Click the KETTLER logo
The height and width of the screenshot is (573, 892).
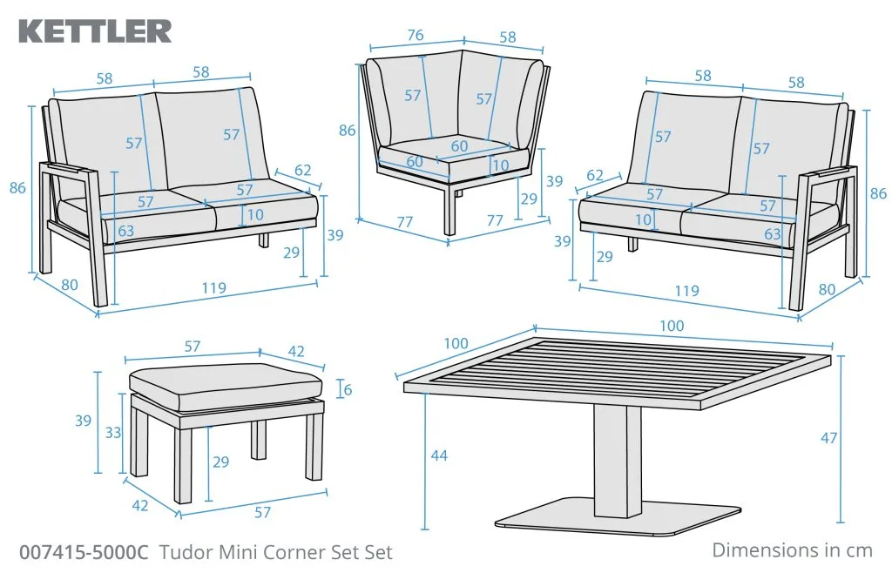(x=96, y=31)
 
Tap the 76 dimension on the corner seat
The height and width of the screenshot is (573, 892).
(x=416, y=35)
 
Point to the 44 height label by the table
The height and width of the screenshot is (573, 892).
(x=439, y=455)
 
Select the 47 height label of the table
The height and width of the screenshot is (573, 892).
(x=829, y=438)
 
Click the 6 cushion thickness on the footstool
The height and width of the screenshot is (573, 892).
(x=348, y=390)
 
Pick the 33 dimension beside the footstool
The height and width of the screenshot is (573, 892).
(x=113, y=433)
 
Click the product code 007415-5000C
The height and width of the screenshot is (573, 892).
(x=84, y=552)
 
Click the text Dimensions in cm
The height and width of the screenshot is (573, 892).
(x=792, y=550)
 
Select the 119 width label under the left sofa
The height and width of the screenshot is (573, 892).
(x=213, y=289)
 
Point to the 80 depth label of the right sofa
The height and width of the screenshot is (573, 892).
(x=827, y=289)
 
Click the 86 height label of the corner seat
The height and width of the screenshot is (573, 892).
(x=347, y=130)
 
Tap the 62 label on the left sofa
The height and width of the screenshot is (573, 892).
(x=302, y=170)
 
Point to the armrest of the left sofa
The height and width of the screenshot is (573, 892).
(x=69, y=170)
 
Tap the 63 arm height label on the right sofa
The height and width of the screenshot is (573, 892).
(x=773, y=233)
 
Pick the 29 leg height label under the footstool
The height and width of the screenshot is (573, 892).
(x=220, y=462)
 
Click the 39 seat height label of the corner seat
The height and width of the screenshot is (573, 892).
(x=554, y=181)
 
